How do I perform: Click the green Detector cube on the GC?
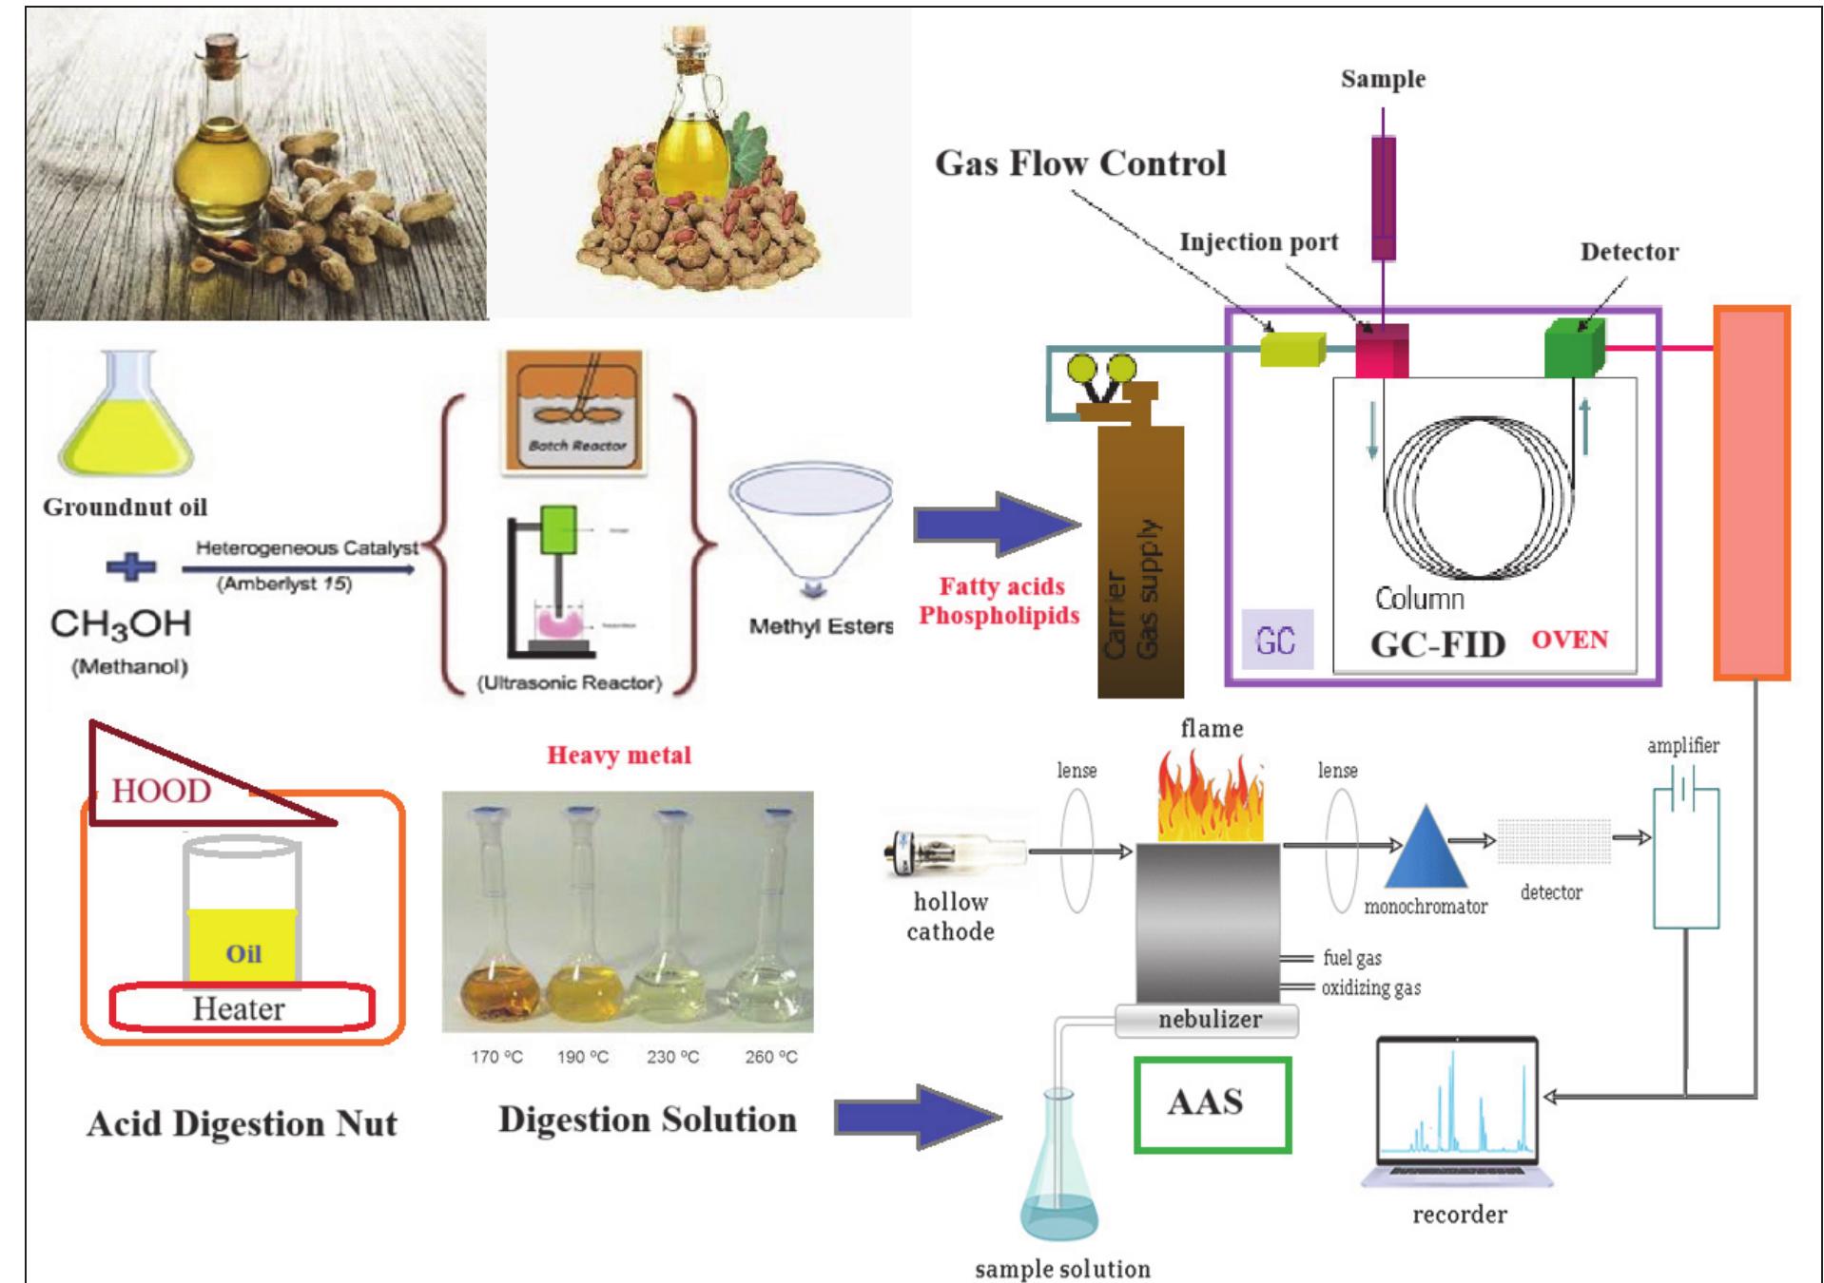(x=1573, y=349)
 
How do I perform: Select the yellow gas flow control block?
(x=1291, y=349)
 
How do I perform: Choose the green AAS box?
(x=1212, y=1104)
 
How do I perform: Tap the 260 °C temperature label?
(x=771, y=1057)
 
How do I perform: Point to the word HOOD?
(x=161, y=791)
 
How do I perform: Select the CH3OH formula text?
(x=121, y=624)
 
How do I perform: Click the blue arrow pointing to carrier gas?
(x=995, y=524)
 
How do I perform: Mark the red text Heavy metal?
(x=618, y=756)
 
